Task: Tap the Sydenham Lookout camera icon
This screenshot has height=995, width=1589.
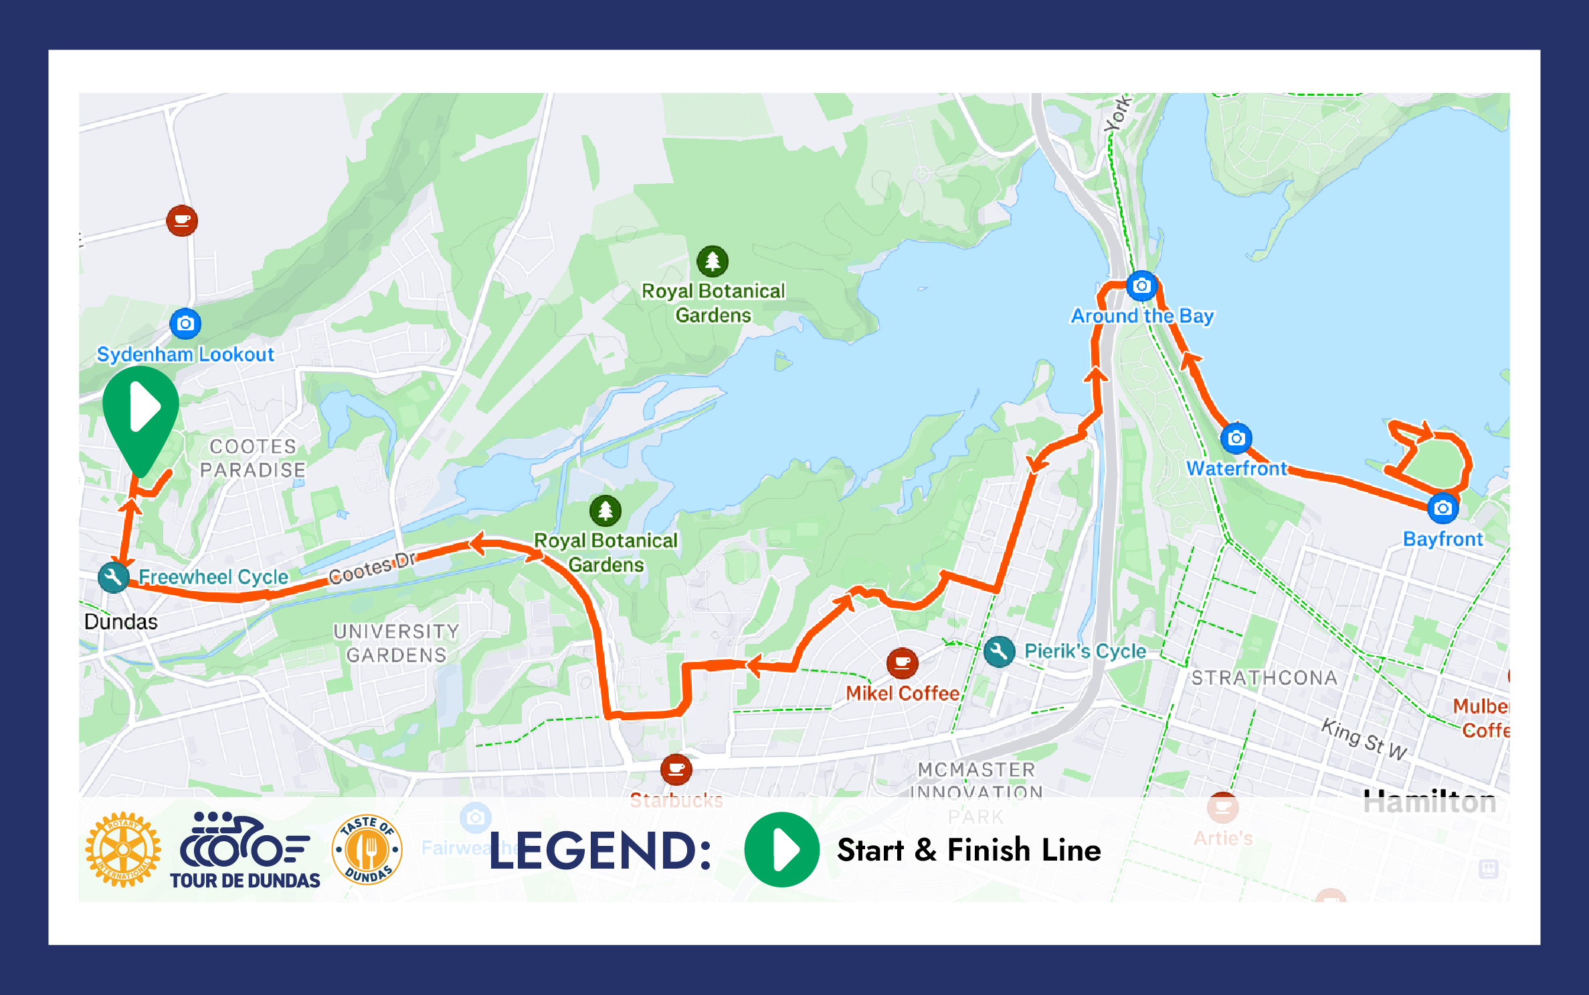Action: (x=185, y=324)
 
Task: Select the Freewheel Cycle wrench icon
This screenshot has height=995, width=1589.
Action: (x=114, y=576)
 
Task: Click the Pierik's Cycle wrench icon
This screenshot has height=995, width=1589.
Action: (x=999, y=651)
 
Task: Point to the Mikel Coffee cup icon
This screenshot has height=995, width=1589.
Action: (x=902, y=663)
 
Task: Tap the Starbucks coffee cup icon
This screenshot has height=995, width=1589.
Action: (x=676, y=769)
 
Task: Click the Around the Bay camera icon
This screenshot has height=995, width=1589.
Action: (x=1141, y=286)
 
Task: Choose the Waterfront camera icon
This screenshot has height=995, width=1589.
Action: (x=1236, y=439)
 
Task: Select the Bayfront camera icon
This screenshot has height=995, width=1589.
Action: (x=1442, y=508)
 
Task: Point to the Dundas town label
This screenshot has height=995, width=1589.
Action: (x=121, y=622)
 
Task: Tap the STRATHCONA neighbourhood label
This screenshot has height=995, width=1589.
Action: (x=1264, y=678)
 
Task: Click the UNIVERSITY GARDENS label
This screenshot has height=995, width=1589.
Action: (x=396, y=643)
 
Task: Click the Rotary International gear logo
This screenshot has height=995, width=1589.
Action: (x=123, y=850)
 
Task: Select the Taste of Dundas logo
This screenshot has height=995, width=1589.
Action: (x=367, y=850)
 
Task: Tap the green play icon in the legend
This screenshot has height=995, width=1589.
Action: (x=781, y=850)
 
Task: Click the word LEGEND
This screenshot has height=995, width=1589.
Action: (x=599, y=851)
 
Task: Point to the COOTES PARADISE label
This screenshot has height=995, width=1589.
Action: (x=253, y=458)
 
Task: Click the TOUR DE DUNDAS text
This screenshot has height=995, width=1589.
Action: (x=245, y=881)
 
